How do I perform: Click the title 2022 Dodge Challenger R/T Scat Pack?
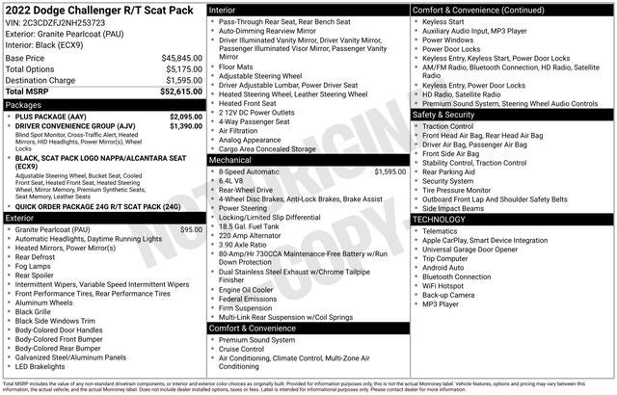tap(100, 10)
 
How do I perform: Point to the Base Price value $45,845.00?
tap(181, 58)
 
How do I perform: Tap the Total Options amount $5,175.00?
tap(183, 69)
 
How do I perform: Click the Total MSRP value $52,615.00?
tap(180, 92)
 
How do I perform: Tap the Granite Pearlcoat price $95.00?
tap(191, 229)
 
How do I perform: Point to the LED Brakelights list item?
tap(49, 366)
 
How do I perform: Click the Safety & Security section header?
tap(443, 114)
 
